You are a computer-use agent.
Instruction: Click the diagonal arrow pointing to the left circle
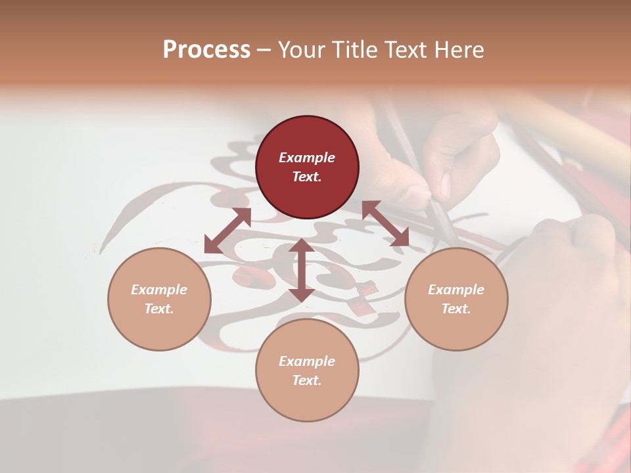pos(227,230)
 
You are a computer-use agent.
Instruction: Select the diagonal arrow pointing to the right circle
pos(385,223)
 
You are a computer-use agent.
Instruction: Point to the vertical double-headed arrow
pos(301,270)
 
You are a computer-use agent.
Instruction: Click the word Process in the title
pos(206,50)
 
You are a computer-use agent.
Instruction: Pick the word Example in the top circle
pos(307,158)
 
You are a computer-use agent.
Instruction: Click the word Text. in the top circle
pos(307,177)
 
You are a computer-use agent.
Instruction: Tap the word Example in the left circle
pos(159,290)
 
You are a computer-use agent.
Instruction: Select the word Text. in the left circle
pos(159,309)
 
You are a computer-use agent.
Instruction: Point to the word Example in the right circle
pos(456,290)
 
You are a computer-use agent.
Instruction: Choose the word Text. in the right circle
pos(456,309)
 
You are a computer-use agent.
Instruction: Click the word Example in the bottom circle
pos(307,361)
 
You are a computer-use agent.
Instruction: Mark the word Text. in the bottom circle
pos(307,380)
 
